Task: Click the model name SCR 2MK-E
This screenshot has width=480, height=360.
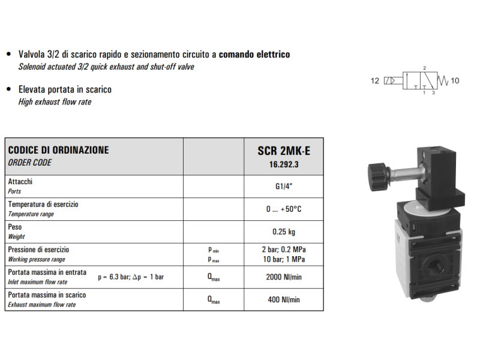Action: coord(283,151)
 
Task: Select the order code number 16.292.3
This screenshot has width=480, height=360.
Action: coord(283,163)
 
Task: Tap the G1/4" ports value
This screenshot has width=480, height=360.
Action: coord(283,186)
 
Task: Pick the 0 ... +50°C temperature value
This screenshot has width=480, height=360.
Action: coord(283,209)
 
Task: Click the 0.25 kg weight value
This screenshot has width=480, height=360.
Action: coord(283,232)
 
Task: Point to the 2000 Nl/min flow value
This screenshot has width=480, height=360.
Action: coord(283,277)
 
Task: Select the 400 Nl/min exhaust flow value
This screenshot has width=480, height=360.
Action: coord(283,299)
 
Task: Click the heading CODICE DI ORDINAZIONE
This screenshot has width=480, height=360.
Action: coord(58,150)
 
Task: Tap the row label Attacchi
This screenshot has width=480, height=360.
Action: coord(20,181)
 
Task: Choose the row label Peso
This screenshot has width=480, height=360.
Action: coord(15,227)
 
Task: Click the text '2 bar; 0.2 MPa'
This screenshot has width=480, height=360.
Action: coord(284,249)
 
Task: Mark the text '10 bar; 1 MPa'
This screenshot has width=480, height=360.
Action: coord(284,259)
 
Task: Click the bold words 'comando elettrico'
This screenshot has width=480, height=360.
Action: coord(254,55)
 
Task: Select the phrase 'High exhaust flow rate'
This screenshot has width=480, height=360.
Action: coord(55,102)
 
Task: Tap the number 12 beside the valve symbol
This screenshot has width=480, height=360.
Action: coord(375,80)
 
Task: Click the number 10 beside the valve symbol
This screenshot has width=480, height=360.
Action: coord(454,80)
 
